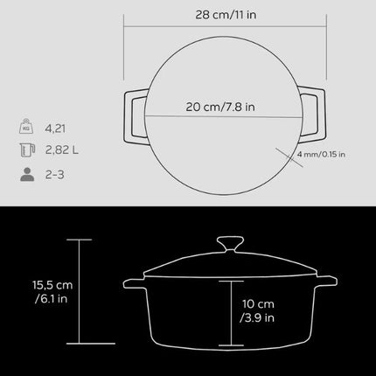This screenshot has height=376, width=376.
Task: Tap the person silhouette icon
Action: point(26,174)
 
